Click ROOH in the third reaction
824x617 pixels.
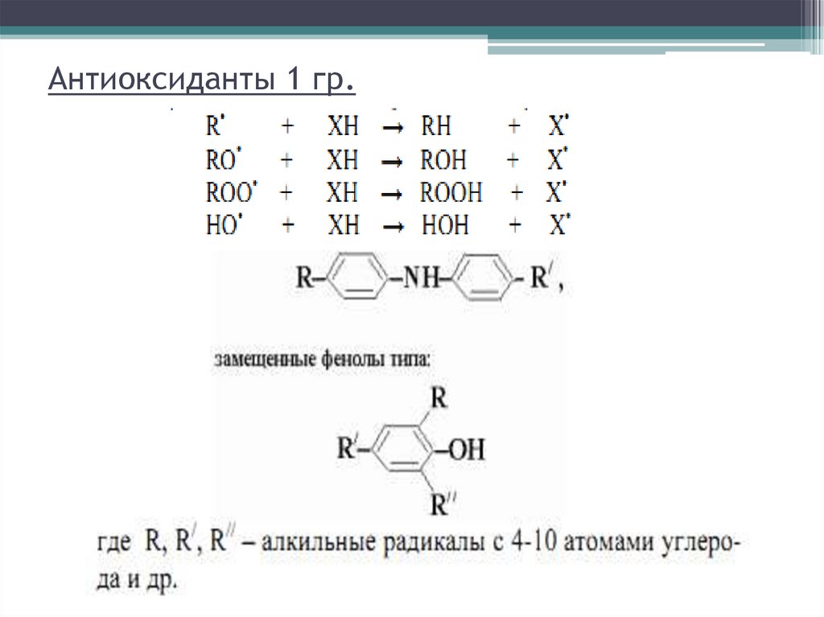click(x=451, y=192)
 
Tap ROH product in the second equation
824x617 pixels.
click(x=443, y=160)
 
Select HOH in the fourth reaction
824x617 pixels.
click(x=443, y=224)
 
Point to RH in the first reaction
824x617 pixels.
click(x=436, y=127)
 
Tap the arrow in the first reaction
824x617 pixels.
click(x=392, y=128)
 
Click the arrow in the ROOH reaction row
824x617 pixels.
click(x=392, y=194)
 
